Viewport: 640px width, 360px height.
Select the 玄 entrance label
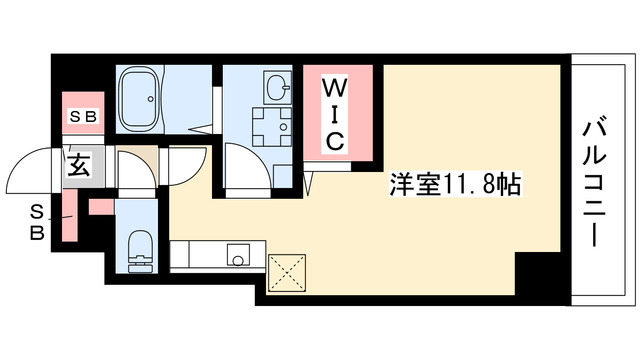[79, 166]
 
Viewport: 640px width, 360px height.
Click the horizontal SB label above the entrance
[82, 118]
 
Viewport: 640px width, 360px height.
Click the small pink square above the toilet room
[99, 207]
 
